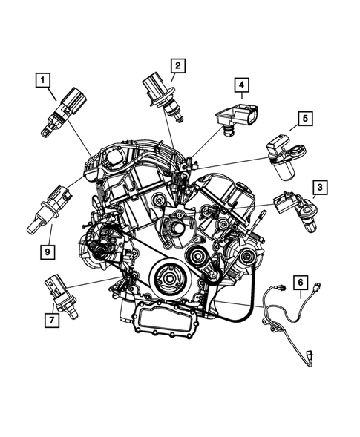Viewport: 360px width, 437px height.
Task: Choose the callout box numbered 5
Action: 304,118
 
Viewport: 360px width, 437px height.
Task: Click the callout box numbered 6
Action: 300,282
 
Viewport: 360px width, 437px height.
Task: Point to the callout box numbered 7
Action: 51,321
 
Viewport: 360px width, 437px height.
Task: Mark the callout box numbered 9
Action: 48,252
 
